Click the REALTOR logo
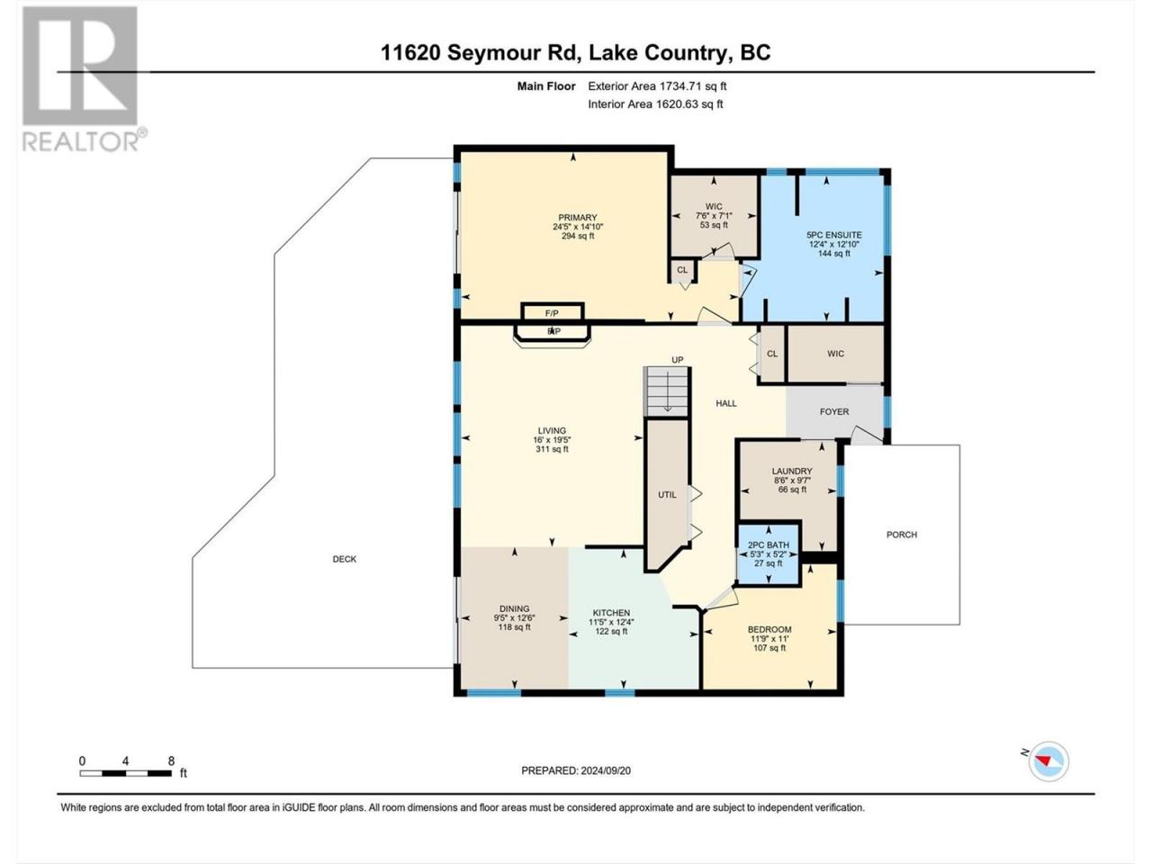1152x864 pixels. [x=84, y=79]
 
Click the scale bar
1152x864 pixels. [x=125, y=773]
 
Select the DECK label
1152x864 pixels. [x=345, y=559]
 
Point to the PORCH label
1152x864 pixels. [x=902, y=535]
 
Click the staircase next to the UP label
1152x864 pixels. [x=667, y=391]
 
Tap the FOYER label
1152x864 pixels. [x=834, y=412]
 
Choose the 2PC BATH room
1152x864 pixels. [x=769, y=554]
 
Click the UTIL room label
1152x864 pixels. [x=667, y=495]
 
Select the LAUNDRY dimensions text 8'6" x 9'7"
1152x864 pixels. [x=792, y=480]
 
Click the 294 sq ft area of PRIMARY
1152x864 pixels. [x=578, y=236]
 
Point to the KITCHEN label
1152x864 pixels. [x=611, y=613]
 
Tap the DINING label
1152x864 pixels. [x=514, y=608]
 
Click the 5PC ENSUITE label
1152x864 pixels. [x=834, y=235]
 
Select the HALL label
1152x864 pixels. [x=726, y=403]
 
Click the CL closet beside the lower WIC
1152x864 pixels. [x=772, y=354]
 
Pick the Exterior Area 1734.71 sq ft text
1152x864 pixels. [x=657, y=86]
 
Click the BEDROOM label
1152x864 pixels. [x=769, y=629]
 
